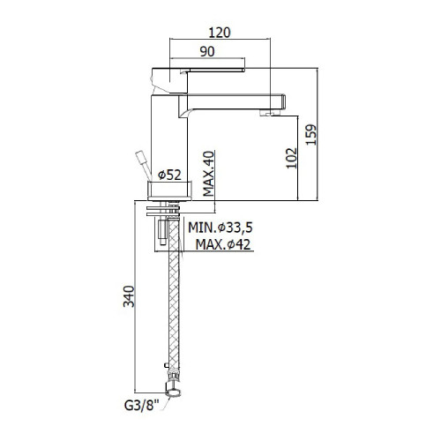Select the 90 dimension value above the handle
(209, 52)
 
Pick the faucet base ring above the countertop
(168, 190)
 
